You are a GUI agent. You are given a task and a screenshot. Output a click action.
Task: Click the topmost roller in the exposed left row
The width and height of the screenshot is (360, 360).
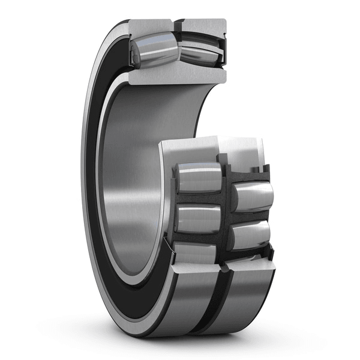tap(198, 178)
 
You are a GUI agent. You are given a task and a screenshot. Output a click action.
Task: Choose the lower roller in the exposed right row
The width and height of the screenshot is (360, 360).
tap(249, 235)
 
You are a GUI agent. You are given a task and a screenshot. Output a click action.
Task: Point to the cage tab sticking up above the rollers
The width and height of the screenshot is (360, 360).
tap(223, 160)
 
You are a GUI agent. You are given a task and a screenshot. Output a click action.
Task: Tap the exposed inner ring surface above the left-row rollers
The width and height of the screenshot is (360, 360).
tap(186, 150)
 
